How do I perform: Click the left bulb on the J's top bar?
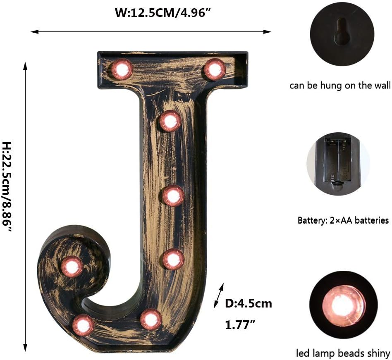point(122,69)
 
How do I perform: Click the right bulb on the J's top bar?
point(215,69)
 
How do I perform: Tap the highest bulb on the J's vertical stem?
point(170,121)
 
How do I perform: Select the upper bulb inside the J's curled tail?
point(72,267)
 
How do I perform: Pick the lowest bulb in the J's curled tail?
point(83,325)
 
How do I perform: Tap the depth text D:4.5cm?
point(248,304)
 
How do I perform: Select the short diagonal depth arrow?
point(219,296)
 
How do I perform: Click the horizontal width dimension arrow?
point(151,31)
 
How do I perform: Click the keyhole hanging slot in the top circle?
point(342,32)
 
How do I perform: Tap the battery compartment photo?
point(338,164)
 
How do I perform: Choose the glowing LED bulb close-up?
point(343,305)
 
